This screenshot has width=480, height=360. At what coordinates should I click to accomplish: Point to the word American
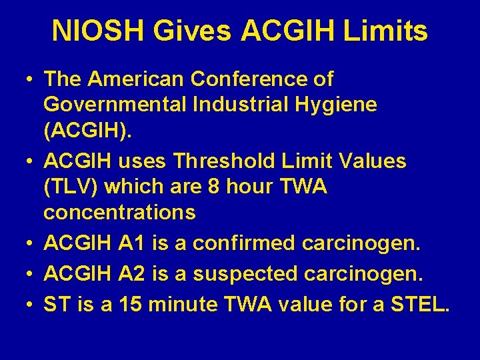[137, 79]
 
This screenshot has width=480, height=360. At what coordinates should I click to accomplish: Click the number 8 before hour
[206, 187]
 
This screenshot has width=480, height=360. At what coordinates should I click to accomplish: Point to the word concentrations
[119, 212]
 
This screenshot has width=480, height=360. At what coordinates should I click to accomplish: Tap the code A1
[133, 245]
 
